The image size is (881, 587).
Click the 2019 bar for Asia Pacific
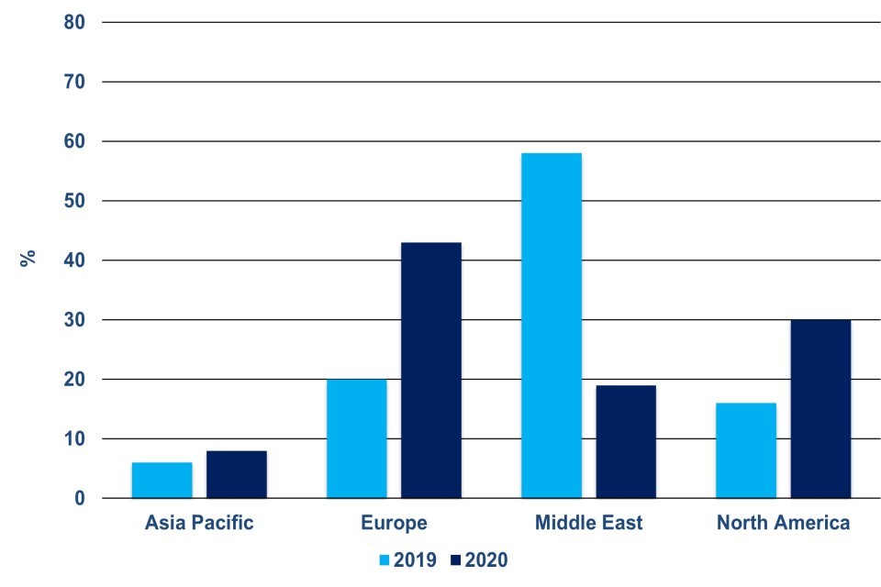coord(162,481)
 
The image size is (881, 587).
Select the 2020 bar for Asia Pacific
coord(236,474)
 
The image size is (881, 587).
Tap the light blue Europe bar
coord(356,438)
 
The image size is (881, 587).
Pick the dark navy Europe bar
coord(430,370)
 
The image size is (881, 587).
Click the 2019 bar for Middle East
coord(551,326)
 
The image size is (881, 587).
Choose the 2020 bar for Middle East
coord(625,441)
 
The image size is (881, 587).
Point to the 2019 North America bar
coord(745,450)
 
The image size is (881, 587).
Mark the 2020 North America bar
coord(820,409)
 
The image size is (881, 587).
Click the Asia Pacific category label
coord(199,524)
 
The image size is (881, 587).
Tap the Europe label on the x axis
coord(394,524)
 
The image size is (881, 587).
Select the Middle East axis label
coord(588,524)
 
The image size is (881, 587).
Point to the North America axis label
coord(783,524)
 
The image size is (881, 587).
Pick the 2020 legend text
coord(486,559)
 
